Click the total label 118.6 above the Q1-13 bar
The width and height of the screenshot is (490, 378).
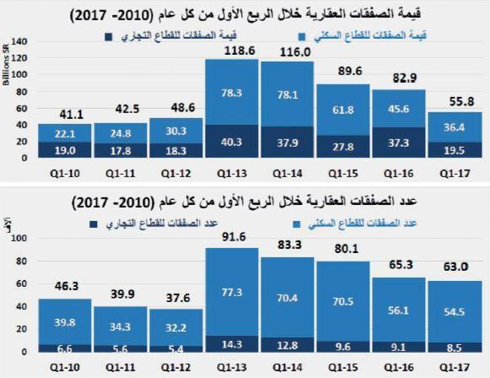(232, 51)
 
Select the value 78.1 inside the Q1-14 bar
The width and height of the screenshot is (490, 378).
(288, 94)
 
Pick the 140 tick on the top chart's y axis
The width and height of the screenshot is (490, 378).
(22, 40)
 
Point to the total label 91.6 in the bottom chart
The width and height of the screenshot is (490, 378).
(232, 238)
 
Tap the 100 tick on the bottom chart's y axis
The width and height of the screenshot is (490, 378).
(22, 238)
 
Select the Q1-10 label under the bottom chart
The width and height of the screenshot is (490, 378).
(65, 365)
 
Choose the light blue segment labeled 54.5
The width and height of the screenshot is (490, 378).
(455, 311)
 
